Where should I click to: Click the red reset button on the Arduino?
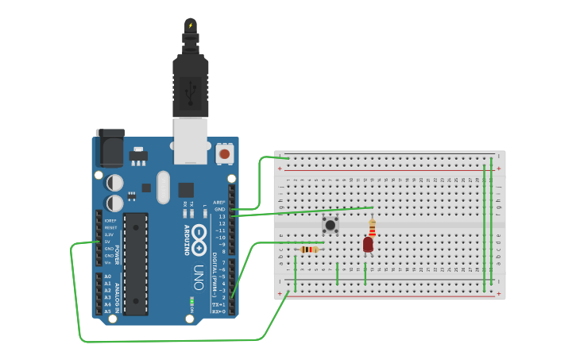pyautogui.click(x=225, y=153)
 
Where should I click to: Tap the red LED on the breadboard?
pyautogui.click(x=368, y=245)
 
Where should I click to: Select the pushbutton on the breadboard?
pyautogui.click(x=330, y=224)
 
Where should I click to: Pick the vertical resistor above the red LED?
pyautogui.click(x=372, y=228)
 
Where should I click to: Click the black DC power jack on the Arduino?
pyautogui.click(x=110, y=149)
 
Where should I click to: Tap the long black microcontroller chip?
pyautogui.click(x=136, y=263)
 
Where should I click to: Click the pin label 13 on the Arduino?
pyautogui.click(x=222, y=216)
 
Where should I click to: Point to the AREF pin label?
pyautogui.click(x=220, y=203)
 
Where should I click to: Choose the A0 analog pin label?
pyautogui.click(x=107, y=277)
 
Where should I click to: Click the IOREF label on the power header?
pyautogui.click(x=110, y=220)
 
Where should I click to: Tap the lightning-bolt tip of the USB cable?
pyautogui.click(x=190, y=25)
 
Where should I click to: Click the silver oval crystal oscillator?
pyautogui.click(x=164, y=188)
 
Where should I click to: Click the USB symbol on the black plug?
pyautogui.click(x=191, y=95)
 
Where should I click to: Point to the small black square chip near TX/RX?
pyautogui.click(x=186, y=190)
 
